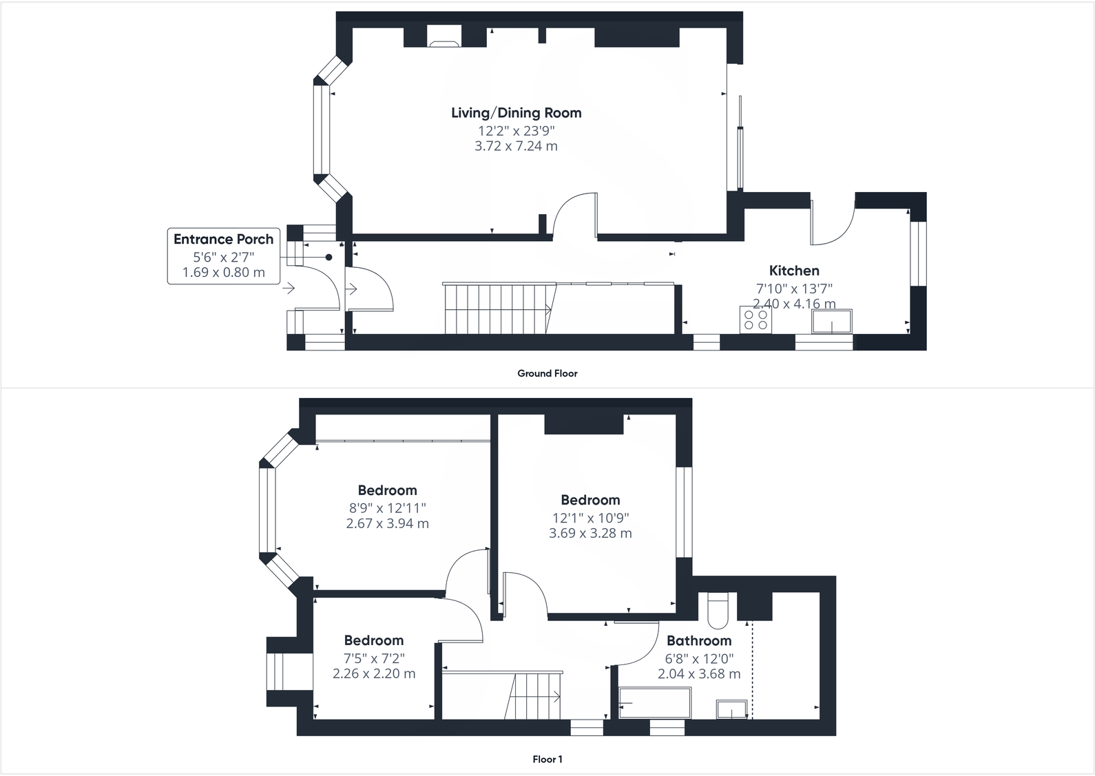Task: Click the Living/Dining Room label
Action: coord(516,113)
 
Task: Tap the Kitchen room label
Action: coord(793,271)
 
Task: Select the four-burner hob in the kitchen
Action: coord(755,319)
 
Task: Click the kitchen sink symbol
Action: coord(832,322)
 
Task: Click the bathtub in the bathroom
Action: coord(654,703)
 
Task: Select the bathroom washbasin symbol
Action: coord(731,709)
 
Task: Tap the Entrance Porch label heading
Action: coord(223,240)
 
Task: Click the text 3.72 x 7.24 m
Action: coord(516,146)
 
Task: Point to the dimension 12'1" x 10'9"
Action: coord(590,518)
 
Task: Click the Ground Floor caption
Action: coord(547,373)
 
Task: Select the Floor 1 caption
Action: coord(547,759)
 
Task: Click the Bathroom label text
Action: coord(698,641)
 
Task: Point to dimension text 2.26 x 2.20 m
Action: coord(374,673)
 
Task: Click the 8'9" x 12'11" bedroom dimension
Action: coord(387,508)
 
